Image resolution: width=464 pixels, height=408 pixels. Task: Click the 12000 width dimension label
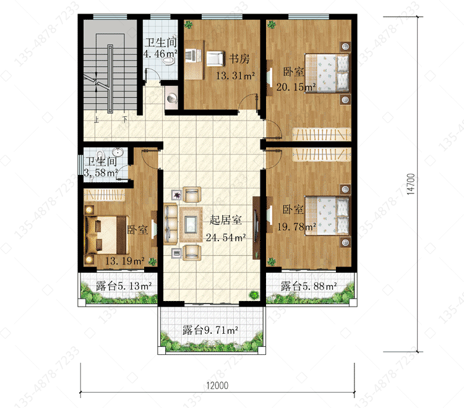click(x=217, y=386)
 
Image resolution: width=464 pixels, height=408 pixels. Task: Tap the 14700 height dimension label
click(x=411, y=184)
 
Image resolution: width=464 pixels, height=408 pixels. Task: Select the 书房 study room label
click(x=239, y=59)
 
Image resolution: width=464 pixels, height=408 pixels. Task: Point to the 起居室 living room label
click(x=225, y=220)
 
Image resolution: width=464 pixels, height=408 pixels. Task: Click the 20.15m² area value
click(x=296, y=87)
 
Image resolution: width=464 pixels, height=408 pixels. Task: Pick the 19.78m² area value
click(x=296, y=227)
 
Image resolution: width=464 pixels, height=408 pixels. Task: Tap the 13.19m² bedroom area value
click(x=124, y=261)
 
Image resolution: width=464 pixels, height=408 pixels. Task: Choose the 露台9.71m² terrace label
click(x=210, y=330)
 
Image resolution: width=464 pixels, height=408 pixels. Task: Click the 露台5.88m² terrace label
click(x=309, y=286)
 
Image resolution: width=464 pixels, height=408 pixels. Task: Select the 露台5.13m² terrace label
click(x=124, y=286)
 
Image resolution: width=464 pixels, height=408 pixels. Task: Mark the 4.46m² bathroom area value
click(x=160, y=54)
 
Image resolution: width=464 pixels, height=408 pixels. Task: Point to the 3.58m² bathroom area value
click(x=101, y=172)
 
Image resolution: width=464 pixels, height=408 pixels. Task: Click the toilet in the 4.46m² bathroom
click(x=169, y=61)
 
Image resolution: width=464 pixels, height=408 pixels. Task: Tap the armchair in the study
click(x=215, y=59)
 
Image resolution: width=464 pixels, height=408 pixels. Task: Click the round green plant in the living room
click(x=254, y=294)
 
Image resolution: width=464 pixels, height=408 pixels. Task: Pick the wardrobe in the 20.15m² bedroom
click(x=322, y=135)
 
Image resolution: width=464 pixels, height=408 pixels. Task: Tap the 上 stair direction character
click(x=97, y=120)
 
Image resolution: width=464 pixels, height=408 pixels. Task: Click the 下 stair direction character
click(x=126, y=119)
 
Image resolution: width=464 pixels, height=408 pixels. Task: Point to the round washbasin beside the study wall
click(x=171, y=98)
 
